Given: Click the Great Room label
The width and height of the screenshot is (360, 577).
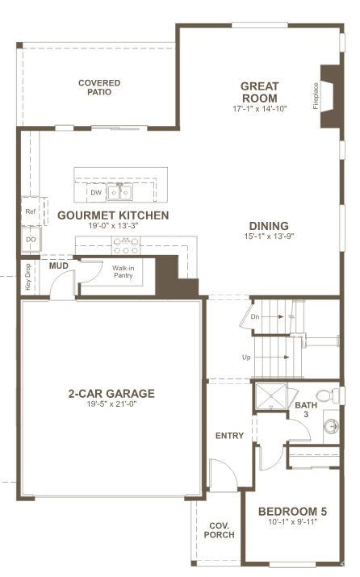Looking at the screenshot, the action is pos(260,92).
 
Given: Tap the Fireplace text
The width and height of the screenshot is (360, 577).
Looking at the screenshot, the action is pos(316,96).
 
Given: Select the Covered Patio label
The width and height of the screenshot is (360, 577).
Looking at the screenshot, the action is pos(99,88).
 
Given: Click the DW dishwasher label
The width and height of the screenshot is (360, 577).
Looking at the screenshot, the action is pos(96,192).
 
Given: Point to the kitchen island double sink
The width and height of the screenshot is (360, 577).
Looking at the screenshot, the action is pos(119,192).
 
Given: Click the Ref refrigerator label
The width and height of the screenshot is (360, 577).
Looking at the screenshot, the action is pos(31,211).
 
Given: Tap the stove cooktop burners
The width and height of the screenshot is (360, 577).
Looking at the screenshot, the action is pos(126,246).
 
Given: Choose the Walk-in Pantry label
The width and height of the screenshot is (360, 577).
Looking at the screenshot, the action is pos(123,272).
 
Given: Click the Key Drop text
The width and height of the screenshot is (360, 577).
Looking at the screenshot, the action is pos(28,277).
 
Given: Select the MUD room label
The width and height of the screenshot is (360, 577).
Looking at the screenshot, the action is pos(59,266).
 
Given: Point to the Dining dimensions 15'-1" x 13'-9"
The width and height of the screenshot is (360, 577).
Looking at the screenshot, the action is pos(269,236).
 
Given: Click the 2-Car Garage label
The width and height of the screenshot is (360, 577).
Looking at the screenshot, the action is pos(111,393).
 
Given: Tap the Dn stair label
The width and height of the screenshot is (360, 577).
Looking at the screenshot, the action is pos(255,316).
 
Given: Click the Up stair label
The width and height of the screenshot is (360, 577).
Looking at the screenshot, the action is pos(246,357).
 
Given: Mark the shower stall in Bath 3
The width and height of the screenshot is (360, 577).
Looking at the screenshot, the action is pos(271,396).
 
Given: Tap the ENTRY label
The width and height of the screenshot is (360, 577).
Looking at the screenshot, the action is pos(230,436).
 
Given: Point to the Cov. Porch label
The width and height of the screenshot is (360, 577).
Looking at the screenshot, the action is pos(219,530).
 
